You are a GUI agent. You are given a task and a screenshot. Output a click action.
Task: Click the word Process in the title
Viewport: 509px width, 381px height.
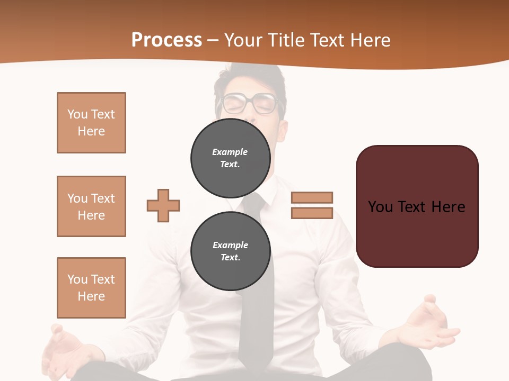166,40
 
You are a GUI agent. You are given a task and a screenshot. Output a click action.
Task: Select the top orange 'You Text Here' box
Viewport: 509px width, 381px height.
91,123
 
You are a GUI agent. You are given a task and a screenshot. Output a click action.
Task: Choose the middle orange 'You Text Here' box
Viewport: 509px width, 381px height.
91,206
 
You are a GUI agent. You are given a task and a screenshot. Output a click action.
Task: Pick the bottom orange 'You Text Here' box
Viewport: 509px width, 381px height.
91,288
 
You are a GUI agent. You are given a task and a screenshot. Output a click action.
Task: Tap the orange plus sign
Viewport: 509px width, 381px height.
163,205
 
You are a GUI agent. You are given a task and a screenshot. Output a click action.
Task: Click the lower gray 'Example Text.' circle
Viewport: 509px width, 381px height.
230,251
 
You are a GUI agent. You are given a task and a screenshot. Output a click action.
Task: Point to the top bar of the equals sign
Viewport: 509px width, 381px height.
312,197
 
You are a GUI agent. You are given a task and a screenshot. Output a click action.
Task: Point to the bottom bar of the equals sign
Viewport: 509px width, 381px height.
312,213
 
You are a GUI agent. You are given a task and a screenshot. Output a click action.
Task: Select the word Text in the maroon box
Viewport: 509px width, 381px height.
417,206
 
